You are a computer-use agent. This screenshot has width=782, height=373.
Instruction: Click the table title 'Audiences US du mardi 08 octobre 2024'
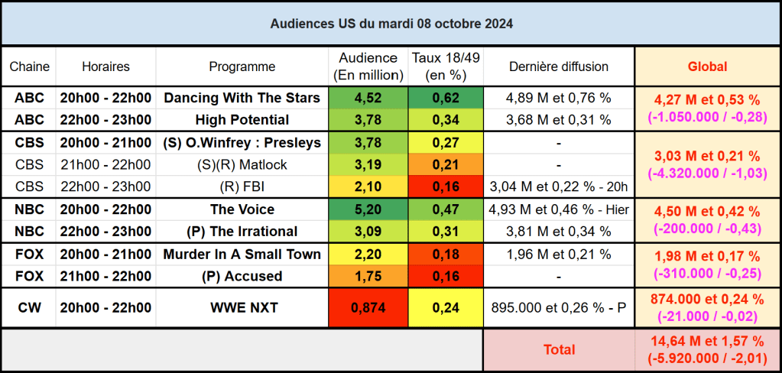coord(391,24)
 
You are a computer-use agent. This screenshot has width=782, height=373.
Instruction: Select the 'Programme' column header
coord(242,66)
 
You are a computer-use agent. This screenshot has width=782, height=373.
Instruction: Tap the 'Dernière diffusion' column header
coord(559,66)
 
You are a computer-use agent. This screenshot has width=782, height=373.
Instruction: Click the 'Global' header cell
coord(708,66)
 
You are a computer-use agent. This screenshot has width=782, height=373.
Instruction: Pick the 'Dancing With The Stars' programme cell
coord(242,98)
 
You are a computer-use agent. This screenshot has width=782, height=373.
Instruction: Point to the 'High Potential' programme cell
coord(242,119)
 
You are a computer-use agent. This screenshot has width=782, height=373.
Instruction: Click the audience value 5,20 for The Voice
coord(368,209)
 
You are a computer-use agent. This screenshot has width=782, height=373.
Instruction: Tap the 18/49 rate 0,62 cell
coord(446,98)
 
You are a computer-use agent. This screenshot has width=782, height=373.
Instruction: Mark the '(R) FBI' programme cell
coord(242,186)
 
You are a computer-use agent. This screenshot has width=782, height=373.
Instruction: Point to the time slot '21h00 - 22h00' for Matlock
coord(105,164)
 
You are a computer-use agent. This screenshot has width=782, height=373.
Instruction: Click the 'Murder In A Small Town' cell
coord(242,254)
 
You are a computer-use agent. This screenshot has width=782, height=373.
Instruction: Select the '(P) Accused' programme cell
coord(242,276)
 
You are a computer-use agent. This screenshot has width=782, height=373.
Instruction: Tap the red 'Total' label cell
coord(559,349)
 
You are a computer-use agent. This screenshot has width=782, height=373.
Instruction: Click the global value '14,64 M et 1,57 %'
coord(708,341)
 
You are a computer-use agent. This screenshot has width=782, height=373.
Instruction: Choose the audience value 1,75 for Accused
coord(368,276)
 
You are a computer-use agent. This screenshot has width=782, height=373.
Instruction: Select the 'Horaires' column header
coord(105,66)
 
